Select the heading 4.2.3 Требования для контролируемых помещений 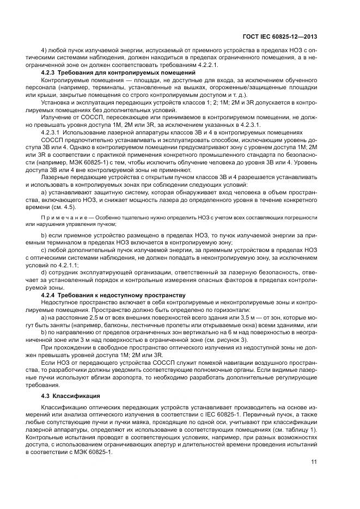tap(118, 72)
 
